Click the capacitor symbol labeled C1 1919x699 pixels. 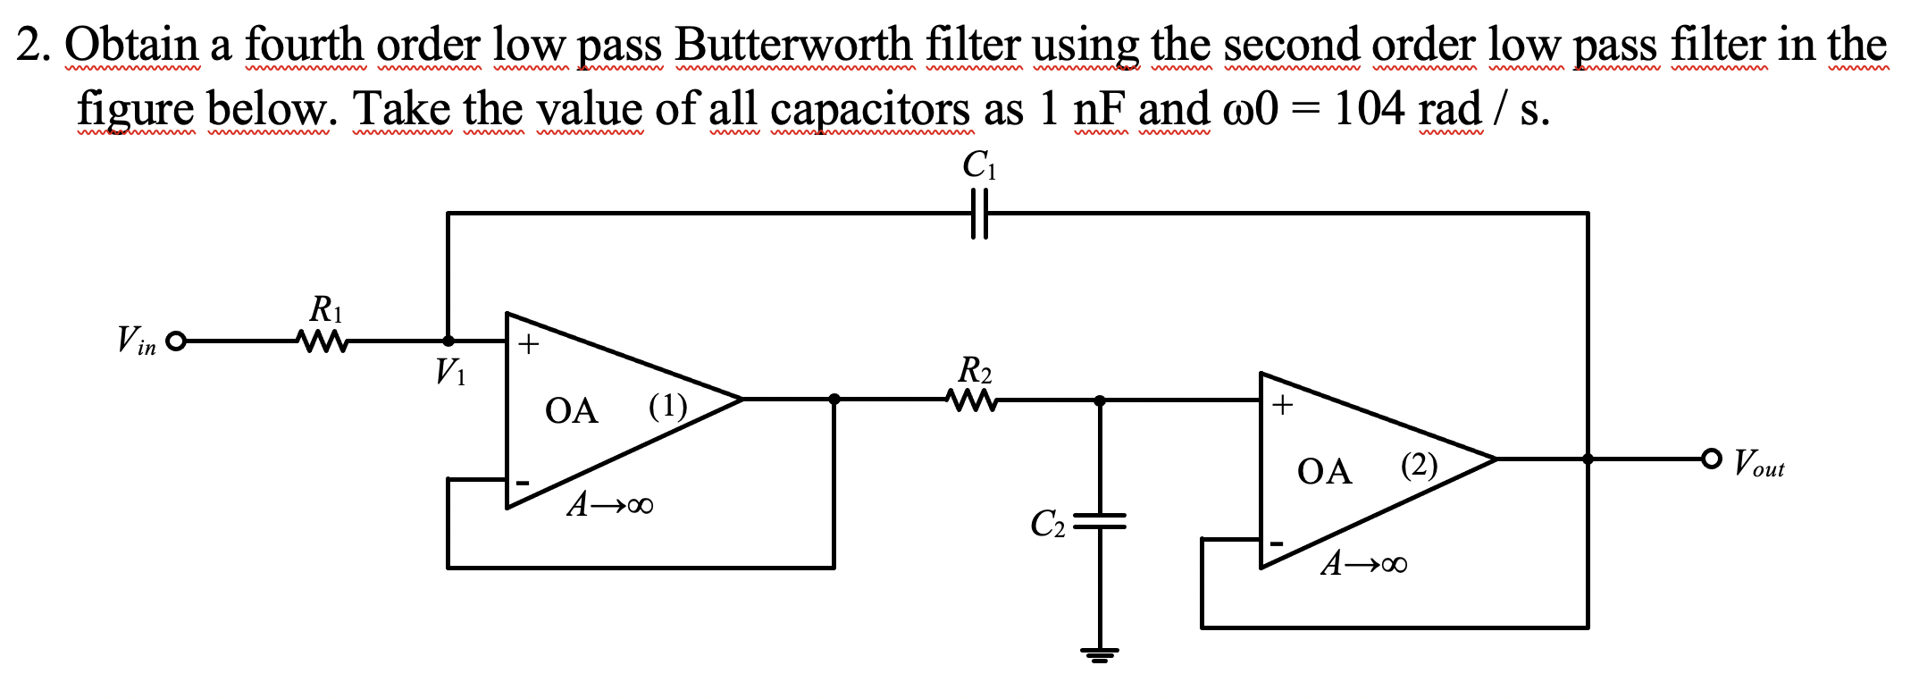979,214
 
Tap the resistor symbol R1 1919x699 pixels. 321,341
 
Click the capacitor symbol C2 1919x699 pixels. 1100,521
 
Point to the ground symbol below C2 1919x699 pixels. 1100,654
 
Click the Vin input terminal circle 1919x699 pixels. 177,341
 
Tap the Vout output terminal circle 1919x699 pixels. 1711,459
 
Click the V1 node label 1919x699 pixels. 450,371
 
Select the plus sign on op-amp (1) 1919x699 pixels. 529,344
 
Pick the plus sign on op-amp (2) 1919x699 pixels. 1282,405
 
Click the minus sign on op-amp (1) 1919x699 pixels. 524,484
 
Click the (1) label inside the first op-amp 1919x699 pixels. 667,408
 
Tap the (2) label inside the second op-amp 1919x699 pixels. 1420,466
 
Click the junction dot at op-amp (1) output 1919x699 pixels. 834,400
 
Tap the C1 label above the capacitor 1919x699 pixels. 979,165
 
